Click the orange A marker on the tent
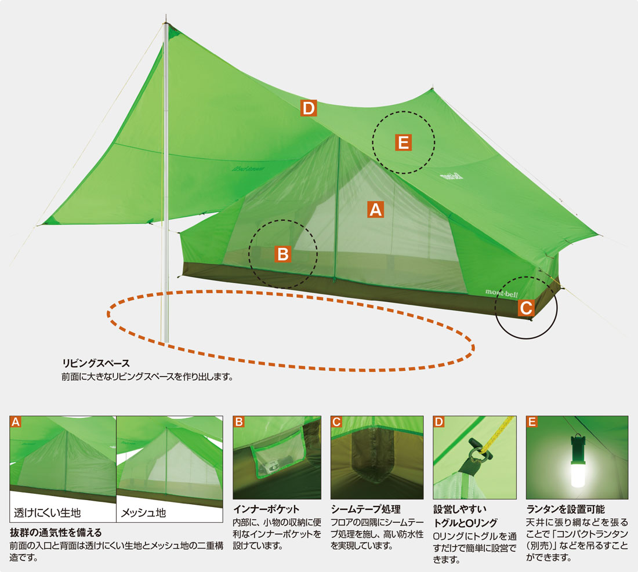pyautogui.click(x=376, y=210)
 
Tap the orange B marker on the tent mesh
pyautogui.click(x=283, y=254)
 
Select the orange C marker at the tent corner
pyautogui.click(x=526, y=308)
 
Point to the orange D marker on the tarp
pyautogui.click(x=309, y=108)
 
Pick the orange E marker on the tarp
pyautogui.click(x=403, y=143)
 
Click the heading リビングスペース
pyautogui.click(x=96, y=363)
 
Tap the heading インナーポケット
pyautogui.click(x=266, y=509)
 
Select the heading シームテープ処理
pyautogui.click(x=366, y=509)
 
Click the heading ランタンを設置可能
pyautogui.click(x=565, y=509)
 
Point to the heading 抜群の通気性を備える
pyautogui.click(x=56, y=532)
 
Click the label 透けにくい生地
pyautogui.click(x=47, y=513)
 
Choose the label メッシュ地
pyautogui.click(x=144, y=513)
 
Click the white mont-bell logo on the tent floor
pyautogui.click(x=501, y=293)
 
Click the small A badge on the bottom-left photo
pyautogui.click(x=16, y=422)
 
